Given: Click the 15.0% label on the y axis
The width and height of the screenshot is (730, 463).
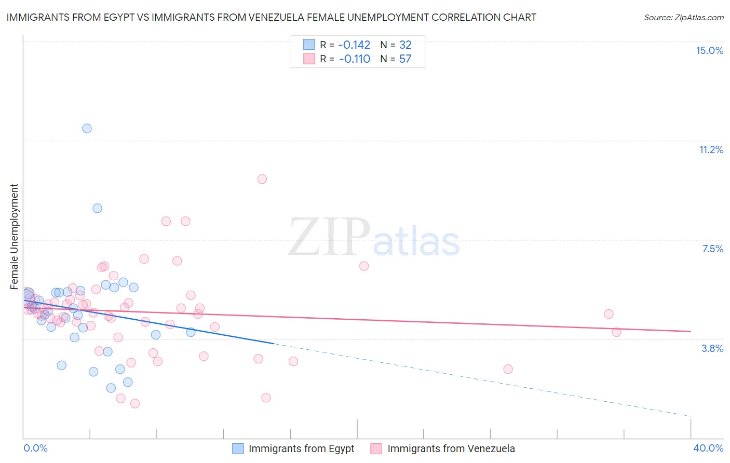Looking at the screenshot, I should (709, 50).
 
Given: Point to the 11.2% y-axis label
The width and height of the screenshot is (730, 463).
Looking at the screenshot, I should (711, 149).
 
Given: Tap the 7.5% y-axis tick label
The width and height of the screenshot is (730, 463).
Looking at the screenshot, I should (712, 249).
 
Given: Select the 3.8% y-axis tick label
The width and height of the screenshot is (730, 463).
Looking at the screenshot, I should (712, 348).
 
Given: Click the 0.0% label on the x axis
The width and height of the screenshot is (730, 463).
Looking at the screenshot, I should (35, 448).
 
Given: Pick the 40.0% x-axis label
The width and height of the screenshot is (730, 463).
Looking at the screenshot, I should (708, 448).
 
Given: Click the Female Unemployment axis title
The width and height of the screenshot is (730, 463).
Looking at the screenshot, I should (14, 236).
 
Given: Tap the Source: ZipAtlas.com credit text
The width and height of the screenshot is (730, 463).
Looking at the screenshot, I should (683, 17).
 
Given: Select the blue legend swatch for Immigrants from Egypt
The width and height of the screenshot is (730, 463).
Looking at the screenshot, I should (238, 448).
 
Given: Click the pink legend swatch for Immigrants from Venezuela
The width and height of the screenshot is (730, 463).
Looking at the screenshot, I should (376, 448).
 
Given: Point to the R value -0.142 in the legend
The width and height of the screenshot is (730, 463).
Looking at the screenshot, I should (355, 45).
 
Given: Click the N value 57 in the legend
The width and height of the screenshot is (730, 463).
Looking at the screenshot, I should (405, 59).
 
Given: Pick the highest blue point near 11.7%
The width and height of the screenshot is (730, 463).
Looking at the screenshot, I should (87, 128).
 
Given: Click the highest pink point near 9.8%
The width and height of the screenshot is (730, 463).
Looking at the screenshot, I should (262, 179).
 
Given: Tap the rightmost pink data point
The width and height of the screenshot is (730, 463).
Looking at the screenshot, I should (616, 332).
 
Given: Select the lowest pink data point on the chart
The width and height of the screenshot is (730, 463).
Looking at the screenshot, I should (135, 403).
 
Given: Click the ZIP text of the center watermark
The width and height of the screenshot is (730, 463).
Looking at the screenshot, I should (329, 237).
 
